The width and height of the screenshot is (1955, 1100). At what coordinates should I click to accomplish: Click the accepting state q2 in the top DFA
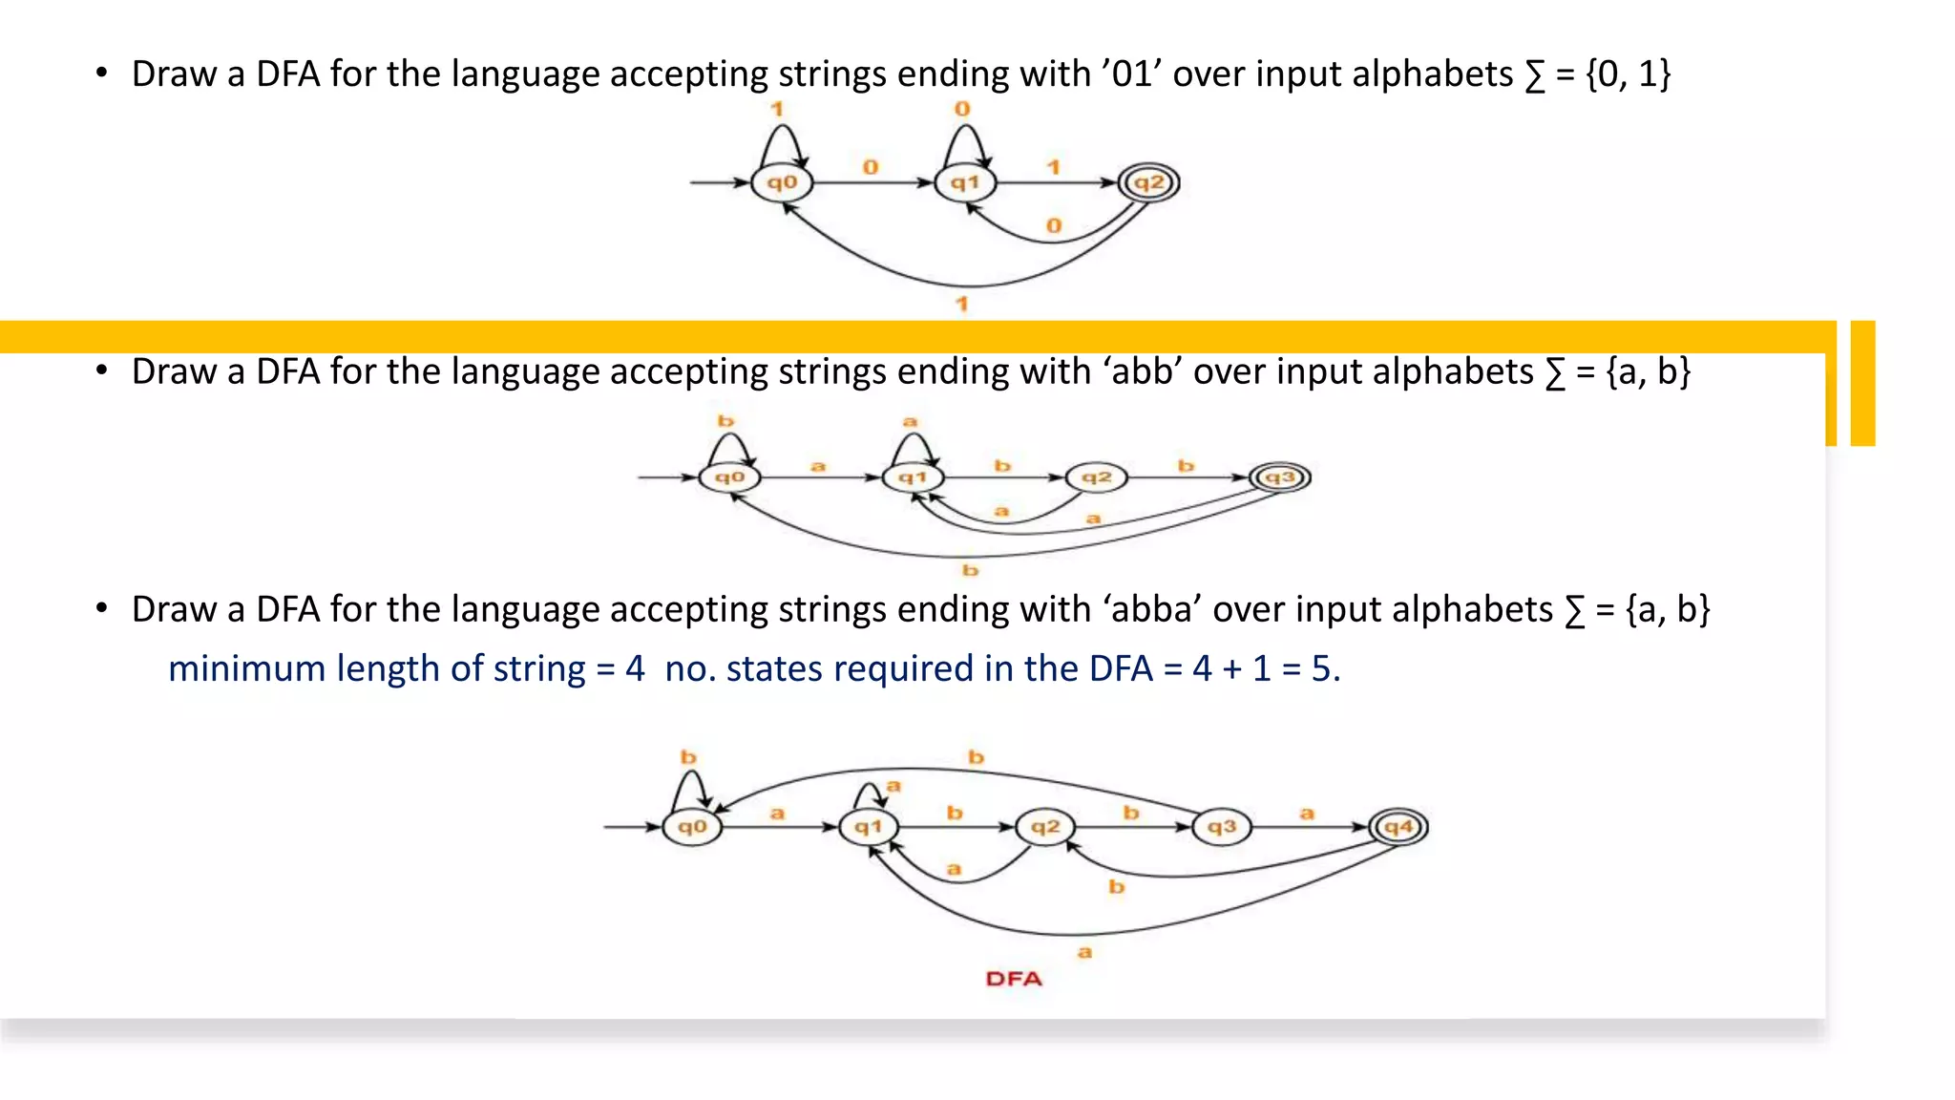(x=1148, y=182)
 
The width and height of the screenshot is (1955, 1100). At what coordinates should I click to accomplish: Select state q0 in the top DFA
(x=781, y=182)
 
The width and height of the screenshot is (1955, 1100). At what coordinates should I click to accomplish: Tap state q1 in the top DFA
(x=964, y=182)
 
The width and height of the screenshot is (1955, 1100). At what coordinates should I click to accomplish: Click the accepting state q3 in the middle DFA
(x=1280, y=476)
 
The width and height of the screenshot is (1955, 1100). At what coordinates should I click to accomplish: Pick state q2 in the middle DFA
(x=1096, y=476)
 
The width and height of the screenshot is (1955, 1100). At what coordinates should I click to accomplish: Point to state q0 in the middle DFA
(x=729, y=476)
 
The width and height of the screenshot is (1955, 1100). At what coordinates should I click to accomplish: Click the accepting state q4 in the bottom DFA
(x=1398, y=827)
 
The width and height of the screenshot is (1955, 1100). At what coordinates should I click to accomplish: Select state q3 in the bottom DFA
(x=1221, y=827)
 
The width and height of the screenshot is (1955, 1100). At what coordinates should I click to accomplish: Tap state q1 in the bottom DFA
(x=868, y=827)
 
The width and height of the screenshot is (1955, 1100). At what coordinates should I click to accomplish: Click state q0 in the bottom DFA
(x=692, y=827)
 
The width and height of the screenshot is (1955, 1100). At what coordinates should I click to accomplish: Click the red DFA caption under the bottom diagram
(x=1014, y=979)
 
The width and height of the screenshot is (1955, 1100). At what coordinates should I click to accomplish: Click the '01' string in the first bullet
(x=1132, y=74)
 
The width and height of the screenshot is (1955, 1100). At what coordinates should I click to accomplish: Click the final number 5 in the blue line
(x=1321, y=668)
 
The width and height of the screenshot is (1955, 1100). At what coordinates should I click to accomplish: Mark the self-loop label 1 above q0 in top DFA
(x=777, y=109)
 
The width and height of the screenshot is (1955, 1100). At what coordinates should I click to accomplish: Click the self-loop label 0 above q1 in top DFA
(x=962, y=109)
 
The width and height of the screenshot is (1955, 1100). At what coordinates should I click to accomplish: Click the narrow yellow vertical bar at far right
(x=1862, y=383)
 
